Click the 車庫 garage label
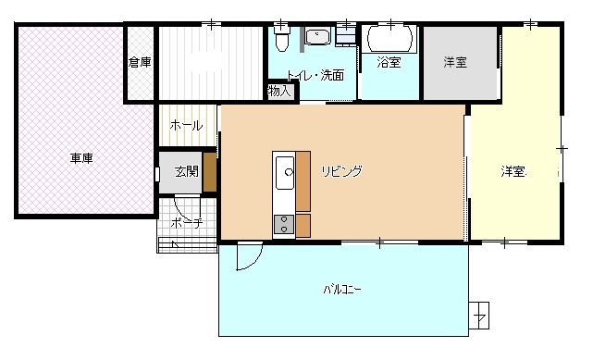click(x=81, y=158)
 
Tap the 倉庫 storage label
click(x=140, y=62)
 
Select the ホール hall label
click(x=186, y=125)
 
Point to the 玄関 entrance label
click(x=187, y=171)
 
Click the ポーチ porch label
click(x=187, y=223)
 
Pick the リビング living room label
click(x=342, y=171)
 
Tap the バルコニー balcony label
click(x=342, y=290)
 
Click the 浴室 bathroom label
click(x=389, y=62)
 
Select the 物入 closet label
click(x=279, y=91)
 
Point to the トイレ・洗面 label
click(x=315, y=75)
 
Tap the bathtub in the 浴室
click(x=389, y=39)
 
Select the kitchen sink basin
click(x=285, y=173)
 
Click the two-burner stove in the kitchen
click(x=284, y=224)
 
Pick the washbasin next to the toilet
click(x=317, y=37)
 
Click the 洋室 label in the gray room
click(x=455, y=62)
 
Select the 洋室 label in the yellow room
click(x=513, y=171)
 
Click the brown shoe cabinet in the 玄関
click(x=209, y=172)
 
